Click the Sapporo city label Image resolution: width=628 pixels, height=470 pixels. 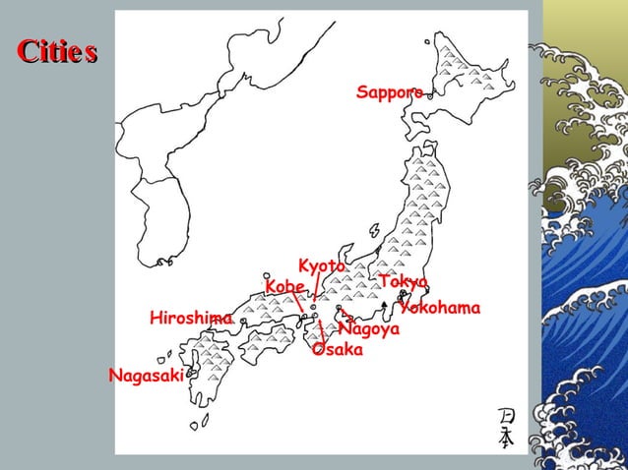(389, 92)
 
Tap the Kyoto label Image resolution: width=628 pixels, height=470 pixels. (322, 266)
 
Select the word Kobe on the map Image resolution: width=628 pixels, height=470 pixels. (284, 285)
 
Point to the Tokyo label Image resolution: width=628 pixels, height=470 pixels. (403, 282)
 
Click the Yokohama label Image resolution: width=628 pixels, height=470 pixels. (440, 308)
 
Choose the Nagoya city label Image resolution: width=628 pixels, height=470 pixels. (368, 329)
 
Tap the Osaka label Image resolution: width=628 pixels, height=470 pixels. (338, 350)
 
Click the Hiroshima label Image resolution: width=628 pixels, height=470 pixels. (191, 318)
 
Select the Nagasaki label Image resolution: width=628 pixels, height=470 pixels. (146, 375)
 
